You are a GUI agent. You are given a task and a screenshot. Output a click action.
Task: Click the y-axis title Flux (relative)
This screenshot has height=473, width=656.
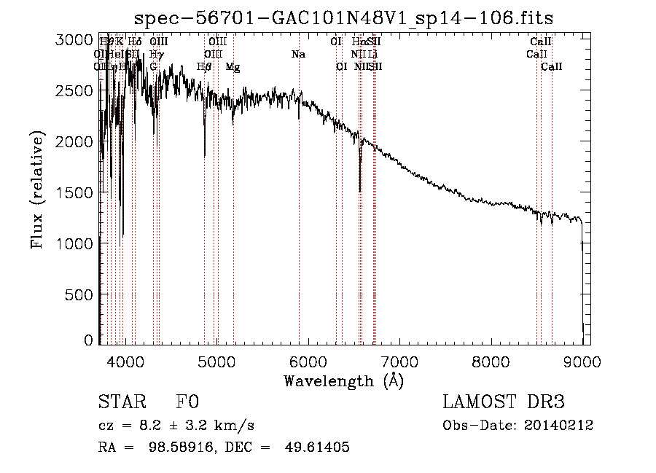click(x=37, y=189)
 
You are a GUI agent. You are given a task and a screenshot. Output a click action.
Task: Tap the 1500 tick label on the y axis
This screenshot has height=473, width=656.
click(x=74, y=192)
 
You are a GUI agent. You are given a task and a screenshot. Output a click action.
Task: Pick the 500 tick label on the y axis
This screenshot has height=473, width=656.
click(x=79, y=294)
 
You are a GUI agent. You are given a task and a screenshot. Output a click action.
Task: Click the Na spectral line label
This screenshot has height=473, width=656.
click(x=298, y=55)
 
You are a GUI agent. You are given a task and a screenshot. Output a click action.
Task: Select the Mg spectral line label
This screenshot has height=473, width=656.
click(x=233, y=67)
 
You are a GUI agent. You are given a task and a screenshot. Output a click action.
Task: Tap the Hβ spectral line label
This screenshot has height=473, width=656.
click(x=204, y=67)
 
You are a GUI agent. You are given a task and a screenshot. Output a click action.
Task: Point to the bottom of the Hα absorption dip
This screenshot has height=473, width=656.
click(x=360, y=191)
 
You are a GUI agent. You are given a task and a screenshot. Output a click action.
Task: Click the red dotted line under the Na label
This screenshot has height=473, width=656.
click(x=299, y=219)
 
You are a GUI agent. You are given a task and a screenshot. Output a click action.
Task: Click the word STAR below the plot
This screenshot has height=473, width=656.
click(x=120, y=402)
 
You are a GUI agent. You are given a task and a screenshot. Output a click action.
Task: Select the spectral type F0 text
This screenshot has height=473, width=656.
click(x=187, y=402)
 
